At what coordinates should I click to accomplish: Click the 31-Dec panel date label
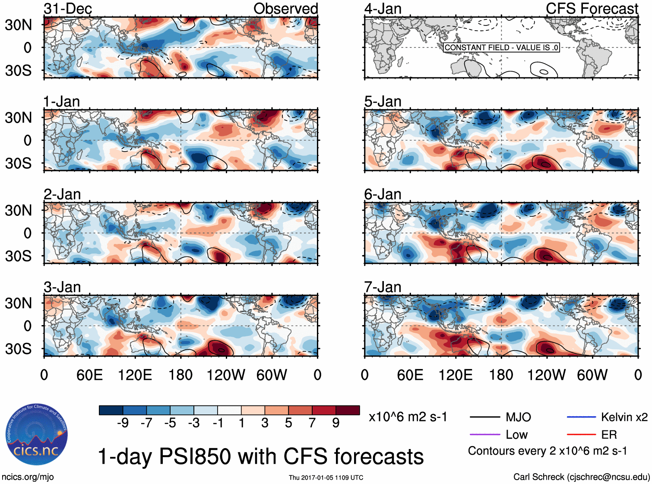click(x=68, y=9)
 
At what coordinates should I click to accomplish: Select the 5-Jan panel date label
click(x=383, y=101)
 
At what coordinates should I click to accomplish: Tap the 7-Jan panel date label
click(x=383, y=287)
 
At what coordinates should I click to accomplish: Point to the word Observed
click(x=285, y=9)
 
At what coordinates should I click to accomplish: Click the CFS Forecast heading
click(x=592, y=9)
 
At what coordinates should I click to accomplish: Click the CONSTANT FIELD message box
click(x=501, y=47)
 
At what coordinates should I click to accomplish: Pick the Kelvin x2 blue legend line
click(x=581, y=417)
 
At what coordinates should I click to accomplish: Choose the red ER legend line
click(x=581, y=434)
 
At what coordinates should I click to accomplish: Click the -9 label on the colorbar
click(x=123, y=423)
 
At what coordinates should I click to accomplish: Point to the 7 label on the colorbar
click(x=312, y=423)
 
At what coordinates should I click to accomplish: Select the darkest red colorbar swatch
click(x=348, y=410)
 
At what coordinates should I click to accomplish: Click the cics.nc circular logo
click(x=37, y=434)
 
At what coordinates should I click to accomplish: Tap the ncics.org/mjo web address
click(x=28, y=477)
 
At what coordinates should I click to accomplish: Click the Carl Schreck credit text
click(x=581, y=477)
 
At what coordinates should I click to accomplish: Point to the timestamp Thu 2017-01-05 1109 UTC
click(x=326, y=478)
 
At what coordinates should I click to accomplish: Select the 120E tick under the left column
click(x=135, y=375)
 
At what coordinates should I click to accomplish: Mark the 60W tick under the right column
click(x=592, y=375)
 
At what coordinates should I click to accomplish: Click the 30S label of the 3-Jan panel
click(x=18, y=349)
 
